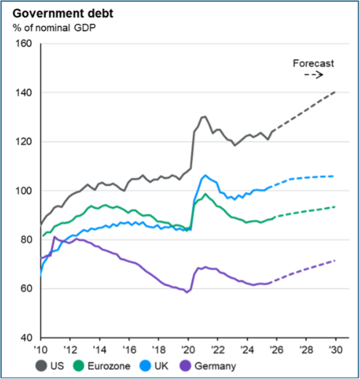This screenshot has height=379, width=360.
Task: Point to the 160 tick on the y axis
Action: point(25,44)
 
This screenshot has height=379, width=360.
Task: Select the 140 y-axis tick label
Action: point(25,93)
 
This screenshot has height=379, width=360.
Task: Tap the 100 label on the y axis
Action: point(25,191)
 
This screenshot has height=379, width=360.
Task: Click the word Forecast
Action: point(313,62)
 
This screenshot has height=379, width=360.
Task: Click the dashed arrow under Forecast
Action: point(314,75)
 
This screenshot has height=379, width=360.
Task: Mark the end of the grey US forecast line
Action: point(335,92)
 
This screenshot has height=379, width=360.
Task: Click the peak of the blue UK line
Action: point(205,175)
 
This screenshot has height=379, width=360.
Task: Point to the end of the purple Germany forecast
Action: point(335,260)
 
